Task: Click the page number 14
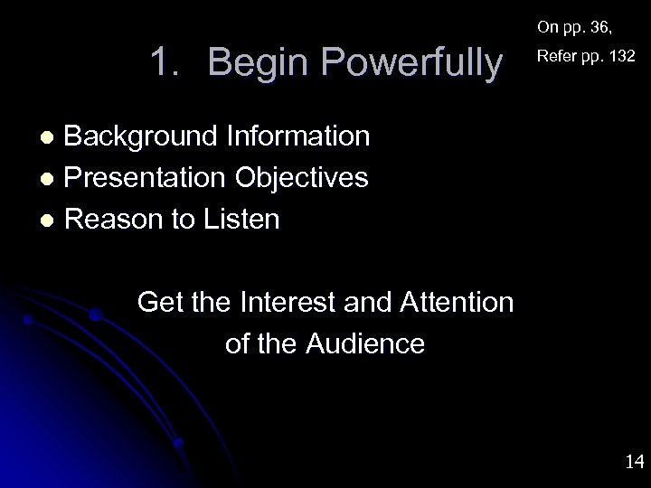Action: click(x=634, y=462)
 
